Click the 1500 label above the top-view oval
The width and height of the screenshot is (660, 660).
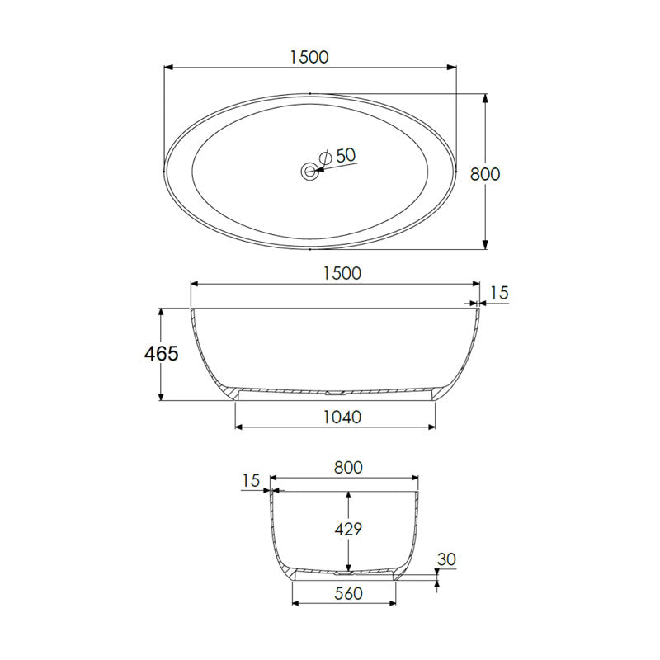point(309,56)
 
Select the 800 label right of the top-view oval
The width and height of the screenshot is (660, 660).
point(484,174)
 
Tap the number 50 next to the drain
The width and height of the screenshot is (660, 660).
point(346,154)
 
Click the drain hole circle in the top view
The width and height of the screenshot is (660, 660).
point(309,172)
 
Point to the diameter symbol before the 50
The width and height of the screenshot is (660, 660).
point(325,156)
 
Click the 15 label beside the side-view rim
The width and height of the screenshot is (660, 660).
point(499,292)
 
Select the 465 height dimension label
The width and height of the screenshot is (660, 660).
point(161,354)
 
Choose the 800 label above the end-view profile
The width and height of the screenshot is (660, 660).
point(348,467)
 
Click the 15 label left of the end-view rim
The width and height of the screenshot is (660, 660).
point(251,480)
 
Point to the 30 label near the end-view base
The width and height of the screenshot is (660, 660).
point(446,559)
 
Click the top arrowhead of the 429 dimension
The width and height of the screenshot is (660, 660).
point(349,496)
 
